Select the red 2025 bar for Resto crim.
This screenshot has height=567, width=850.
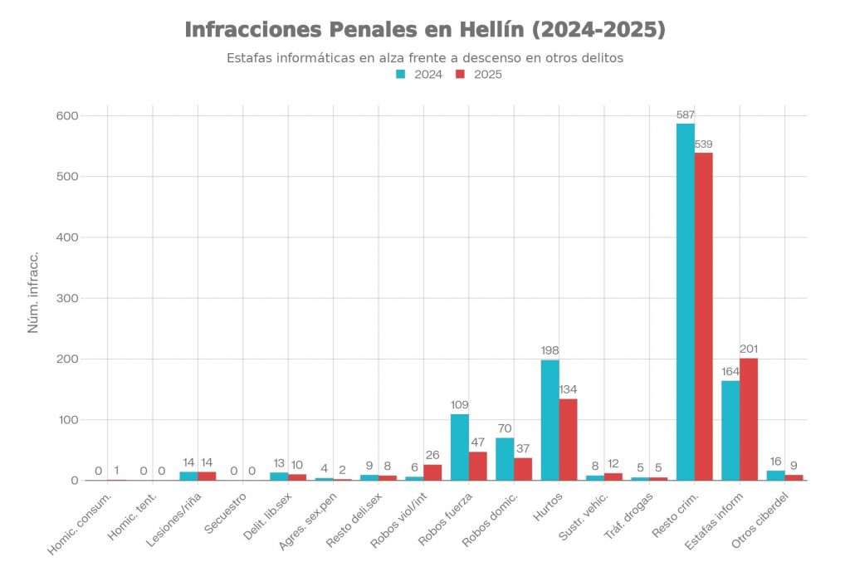(704, 316)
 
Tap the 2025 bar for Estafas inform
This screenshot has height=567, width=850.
(749, 419)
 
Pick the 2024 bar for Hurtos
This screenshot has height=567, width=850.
(550, 420)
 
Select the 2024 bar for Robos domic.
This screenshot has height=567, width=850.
(505, 459)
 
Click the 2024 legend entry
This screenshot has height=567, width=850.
(419, 74)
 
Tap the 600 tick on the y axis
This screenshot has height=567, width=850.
(67, 115)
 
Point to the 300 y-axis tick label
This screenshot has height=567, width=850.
(67, 298)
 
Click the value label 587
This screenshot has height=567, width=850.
(686, 115)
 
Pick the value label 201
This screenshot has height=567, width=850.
(749, 349)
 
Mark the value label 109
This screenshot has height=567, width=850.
(460, 404)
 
